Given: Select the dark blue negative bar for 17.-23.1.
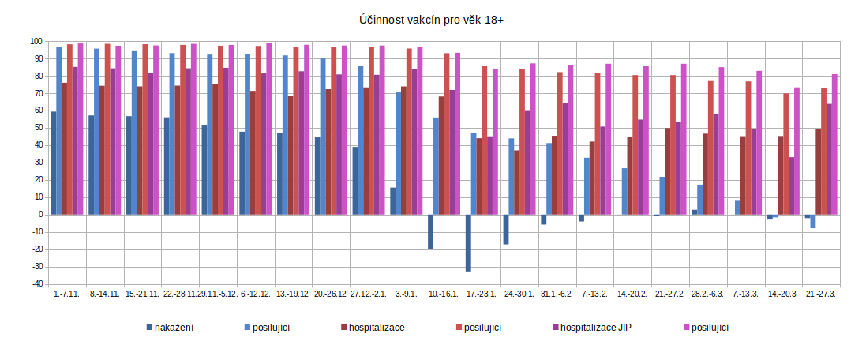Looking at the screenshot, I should coord(468,242).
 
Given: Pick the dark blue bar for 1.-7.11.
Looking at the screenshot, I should coord(53,163).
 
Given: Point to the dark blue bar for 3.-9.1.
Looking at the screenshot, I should coord(392,201).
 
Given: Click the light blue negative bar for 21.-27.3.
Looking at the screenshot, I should coord(813,221).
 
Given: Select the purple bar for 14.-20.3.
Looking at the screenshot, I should coord(791,186).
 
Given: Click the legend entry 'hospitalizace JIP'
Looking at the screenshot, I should coord(595,328).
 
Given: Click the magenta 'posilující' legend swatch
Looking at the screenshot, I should coord(684,328).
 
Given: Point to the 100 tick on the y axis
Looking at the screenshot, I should coord(36,41).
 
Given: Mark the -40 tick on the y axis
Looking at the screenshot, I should coord(36,284).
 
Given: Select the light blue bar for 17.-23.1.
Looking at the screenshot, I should coord(474,174).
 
